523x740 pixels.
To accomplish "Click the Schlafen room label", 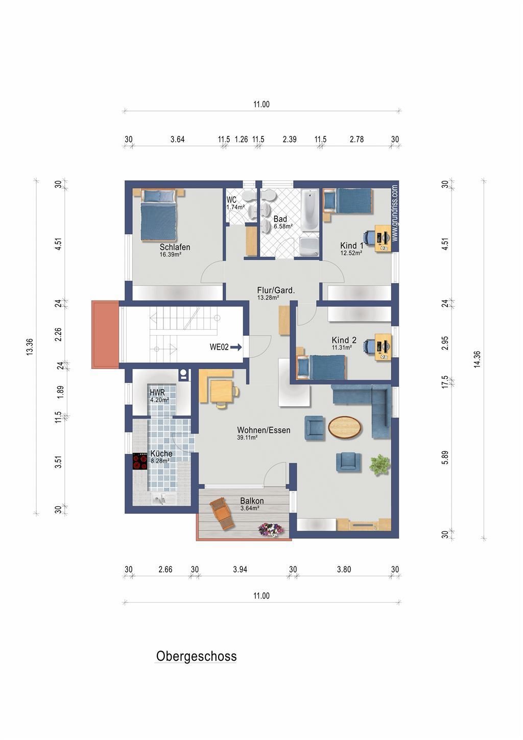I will [175, 247].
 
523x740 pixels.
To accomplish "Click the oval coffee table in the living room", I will [344, 427].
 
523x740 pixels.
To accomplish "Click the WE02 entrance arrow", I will [236, 347].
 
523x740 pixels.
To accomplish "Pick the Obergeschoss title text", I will [196, 656].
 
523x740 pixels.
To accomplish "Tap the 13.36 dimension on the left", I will [30, 347].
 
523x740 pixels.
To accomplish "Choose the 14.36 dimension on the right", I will [477, 359].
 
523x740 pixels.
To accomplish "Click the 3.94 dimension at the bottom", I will [240, 569].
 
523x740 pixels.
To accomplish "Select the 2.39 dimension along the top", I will [290, 139].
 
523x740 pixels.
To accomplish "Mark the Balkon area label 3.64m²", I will [250, 508].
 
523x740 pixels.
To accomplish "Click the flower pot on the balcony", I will [271, 529].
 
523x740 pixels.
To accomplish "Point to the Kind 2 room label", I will [344, 340].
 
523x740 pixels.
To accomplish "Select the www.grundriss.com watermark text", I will [395, 213].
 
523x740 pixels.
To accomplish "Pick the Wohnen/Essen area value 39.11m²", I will [247, 438].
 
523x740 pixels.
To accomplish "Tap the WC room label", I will [231, 200].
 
